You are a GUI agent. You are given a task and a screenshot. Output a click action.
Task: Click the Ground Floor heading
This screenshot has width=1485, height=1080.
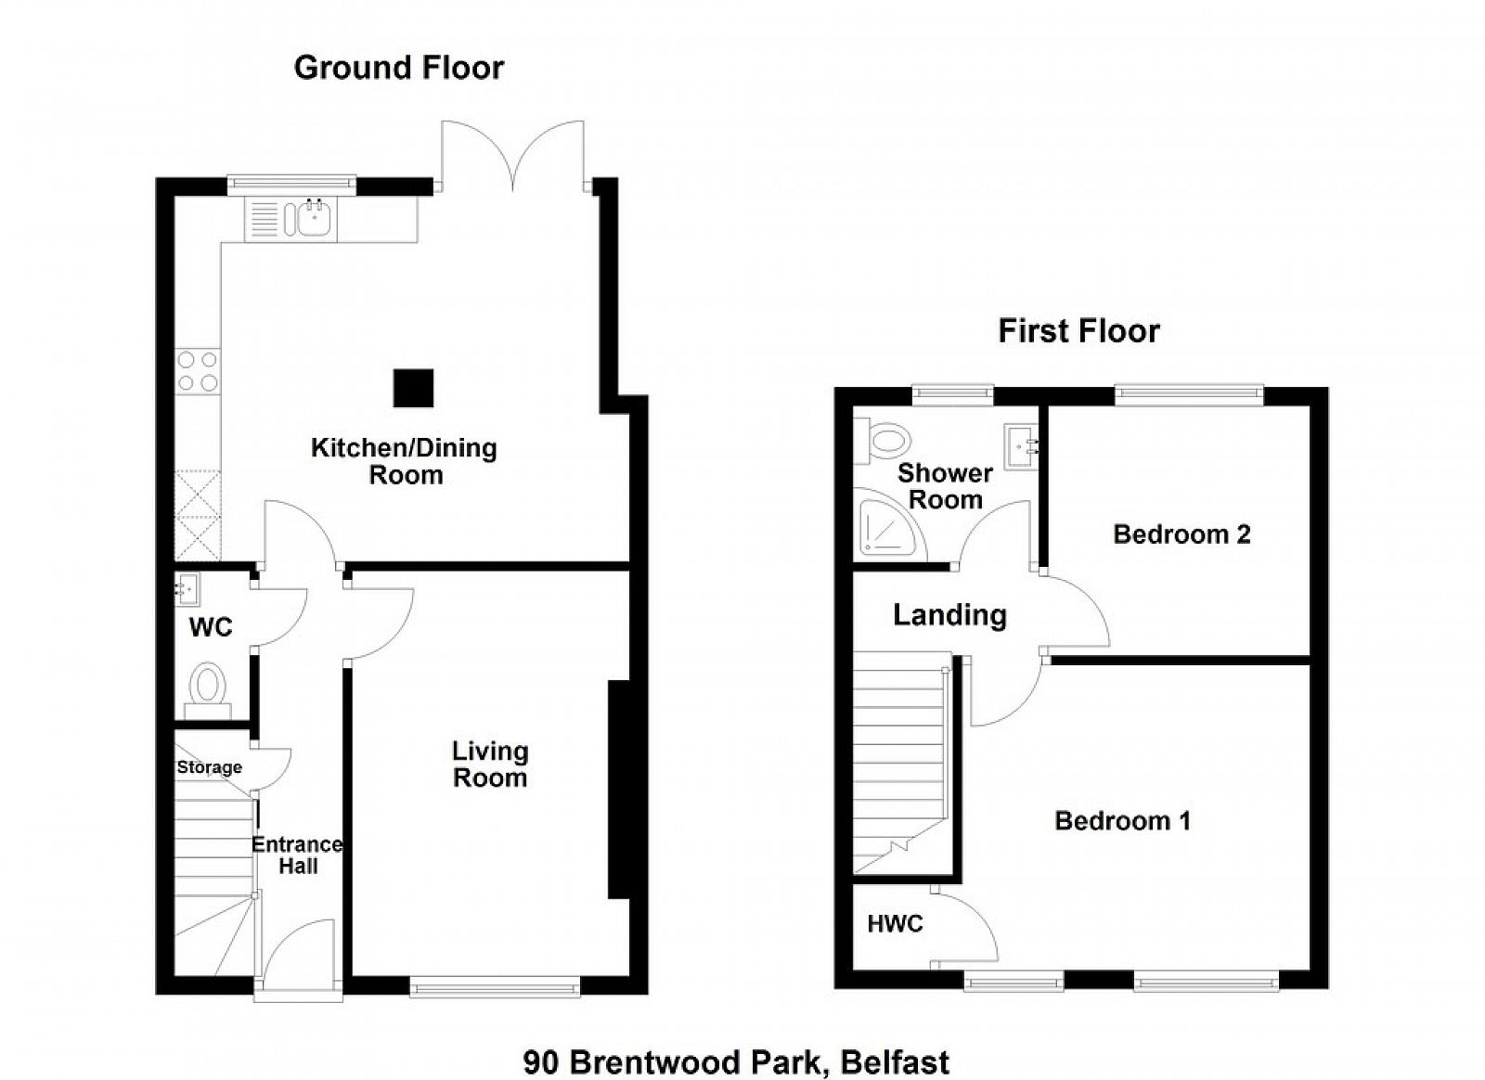(x=398, y=69)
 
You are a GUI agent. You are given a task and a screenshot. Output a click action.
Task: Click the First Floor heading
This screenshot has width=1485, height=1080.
(x=1078, y=331)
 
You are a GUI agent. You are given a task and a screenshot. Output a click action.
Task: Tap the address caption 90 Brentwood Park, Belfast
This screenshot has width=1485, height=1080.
(x=736, y=1045)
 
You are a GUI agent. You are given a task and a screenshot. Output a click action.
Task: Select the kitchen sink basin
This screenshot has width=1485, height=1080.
(x=314, y=219)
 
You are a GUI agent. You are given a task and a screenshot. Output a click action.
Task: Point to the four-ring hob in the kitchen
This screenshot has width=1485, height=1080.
(x=198, y=371)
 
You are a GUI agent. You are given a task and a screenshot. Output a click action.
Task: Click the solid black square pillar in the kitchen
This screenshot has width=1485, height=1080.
(x=413, y=388)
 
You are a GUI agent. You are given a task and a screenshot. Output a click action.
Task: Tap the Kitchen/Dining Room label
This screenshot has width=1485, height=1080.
(x=405, y=461)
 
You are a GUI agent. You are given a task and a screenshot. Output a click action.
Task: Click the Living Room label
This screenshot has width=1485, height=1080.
(x=490, y=764)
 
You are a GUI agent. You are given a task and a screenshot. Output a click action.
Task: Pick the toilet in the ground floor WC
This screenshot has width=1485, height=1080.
(x=208, y=690)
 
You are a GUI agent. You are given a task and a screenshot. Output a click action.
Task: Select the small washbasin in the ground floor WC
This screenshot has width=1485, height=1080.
(x=187, y=590)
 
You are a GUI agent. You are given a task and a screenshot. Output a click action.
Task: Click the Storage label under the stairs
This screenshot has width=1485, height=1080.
(x=209, y=767)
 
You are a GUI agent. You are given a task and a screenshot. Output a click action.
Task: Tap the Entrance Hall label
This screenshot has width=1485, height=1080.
(x=298, y=855)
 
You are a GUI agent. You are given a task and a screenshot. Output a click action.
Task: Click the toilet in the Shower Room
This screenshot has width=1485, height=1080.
(x=882, y=440)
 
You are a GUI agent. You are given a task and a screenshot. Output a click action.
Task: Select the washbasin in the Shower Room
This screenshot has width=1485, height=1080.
(x=1021, y=446)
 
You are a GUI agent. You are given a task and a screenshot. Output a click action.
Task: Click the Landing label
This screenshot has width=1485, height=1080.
(x=949, y=615)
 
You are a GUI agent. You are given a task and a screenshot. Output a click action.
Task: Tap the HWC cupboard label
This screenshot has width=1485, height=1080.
(x=895, y=923)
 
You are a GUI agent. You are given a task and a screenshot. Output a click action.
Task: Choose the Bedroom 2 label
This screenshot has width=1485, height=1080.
(x=1182, y=534)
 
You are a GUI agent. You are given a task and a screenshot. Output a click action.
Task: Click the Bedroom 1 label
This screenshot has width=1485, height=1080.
(x=1122, y=821)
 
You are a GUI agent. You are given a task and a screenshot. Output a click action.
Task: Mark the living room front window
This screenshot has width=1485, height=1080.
(x=496, y=988)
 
